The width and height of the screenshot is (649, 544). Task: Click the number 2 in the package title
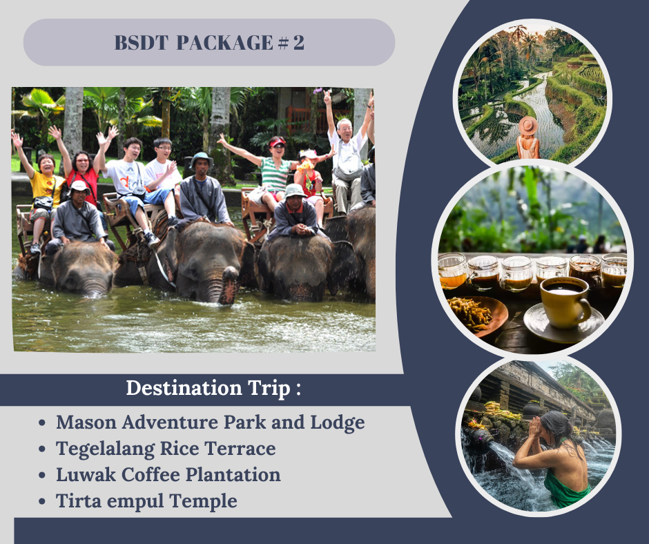pos(299,43)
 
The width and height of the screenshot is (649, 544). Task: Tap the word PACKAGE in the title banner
pos(225,43)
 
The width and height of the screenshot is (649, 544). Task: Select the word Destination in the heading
pos(184,388)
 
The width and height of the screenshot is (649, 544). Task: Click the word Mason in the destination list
pos(86,422)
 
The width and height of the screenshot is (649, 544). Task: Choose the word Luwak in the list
pos(86,475)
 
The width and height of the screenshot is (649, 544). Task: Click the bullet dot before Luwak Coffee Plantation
pos(42,476)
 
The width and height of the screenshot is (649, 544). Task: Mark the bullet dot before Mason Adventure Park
pos(42,423)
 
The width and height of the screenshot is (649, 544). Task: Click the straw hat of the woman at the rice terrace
pos(527,126)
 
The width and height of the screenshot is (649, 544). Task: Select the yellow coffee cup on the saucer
pos(565,302)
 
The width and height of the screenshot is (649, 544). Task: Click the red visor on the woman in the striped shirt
pos(278,143)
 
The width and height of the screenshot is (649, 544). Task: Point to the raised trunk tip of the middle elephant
pos(230,273)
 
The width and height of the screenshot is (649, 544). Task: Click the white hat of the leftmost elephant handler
pos(79,187)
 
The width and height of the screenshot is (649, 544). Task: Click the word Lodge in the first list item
pos(338,423)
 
